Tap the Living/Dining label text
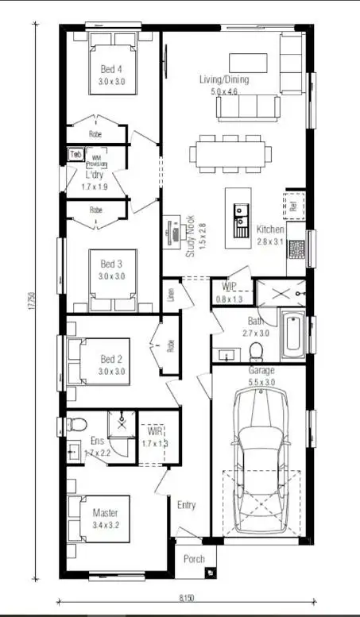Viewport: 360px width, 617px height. pos(224,80)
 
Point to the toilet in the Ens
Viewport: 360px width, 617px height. pos(72,422)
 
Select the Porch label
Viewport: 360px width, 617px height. pos(194,559)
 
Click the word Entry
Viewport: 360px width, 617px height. pos(186,505)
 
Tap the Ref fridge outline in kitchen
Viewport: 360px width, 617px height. pos(294,205)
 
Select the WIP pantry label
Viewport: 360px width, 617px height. pos(230,286)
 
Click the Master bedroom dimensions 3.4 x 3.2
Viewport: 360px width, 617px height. pos(105,525)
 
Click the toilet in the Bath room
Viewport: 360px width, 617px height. pos(257,350)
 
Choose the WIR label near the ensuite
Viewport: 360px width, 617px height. pos(149,432)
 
